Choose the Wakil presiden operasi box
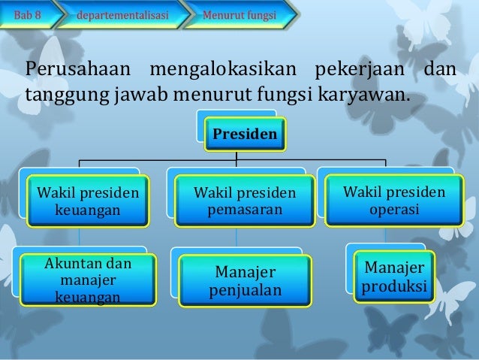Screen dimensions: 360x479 point(394,199)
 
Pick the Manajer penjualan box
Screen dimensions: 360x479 point(246,280)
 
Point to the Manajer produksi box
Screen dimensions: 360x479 point(394,277)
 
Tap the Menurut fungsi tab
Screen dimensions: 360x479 point(244,14)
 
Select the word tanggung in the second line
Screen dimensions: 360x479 point(63,95)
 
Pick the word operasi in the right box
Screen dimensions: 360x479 point(394,207)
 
